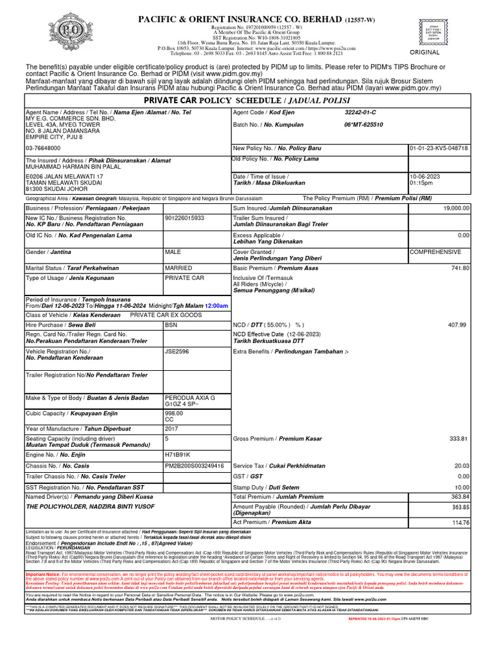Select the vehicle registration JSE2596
pyautogui.click(x=176, y=351)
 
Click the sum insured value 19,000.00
pyautogui.click(x=456, y=208)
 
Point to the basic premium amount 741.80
pyautogui.click(x=460, y=268)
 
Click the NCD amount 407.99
pyautogui.click(x=457, y=324)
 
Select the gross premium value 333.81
pyautogui.click(x=458, y=438)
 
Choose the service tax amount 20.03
pyautogui.click(x=461, y=465)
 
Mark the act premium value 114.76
pyautogui.click(x=460, y=521)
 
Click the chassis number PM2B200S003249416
pyautogui.click(x=195, y=465)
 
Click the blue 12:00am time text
pyautogui.click(x=216, y=305)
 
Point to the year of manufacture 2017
pyautogui.click(x=172, y=428)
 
